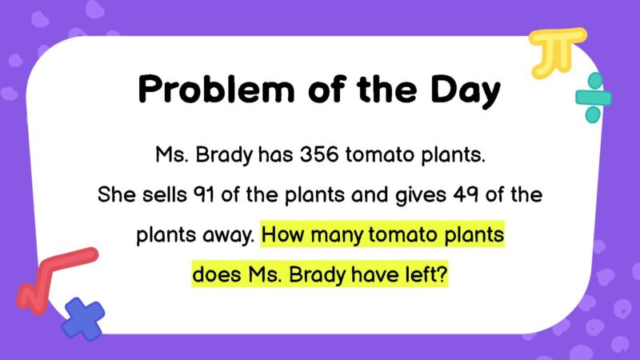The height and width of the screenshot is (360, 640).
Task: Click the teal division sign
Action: (593, 98)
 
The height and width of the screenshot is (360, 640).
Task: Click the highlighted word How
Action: (282, 237)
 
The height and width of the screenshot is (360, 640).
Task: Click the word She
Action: (113, 195)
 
